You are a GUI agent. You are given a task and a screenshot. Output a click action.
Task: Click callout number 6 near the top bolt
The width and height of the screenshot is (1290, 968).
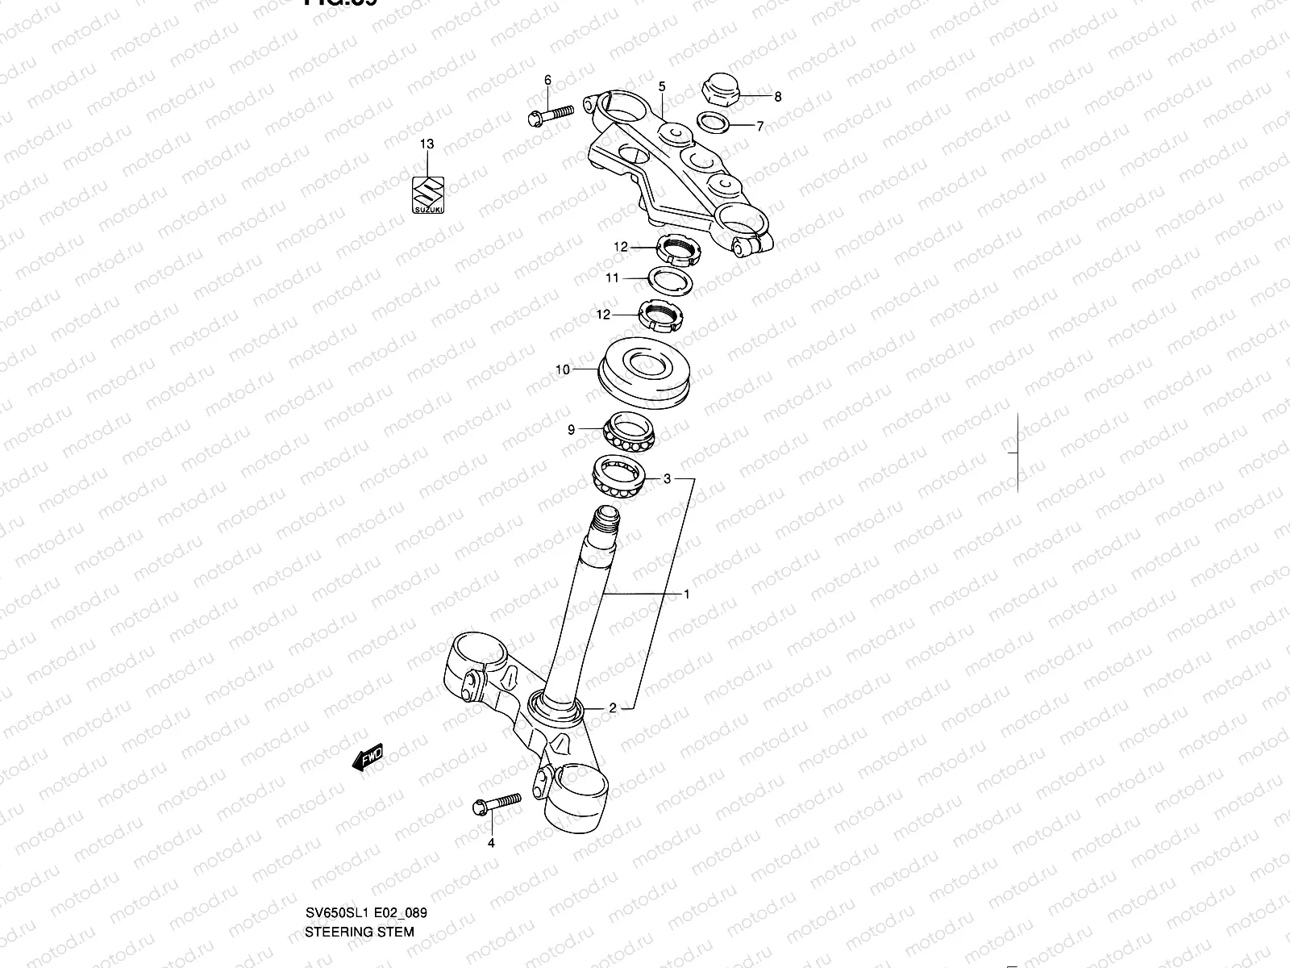(x=547, y=80)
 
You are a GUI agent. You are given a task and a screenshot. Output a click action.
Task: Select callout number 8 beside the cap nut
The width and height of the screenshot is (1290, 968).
(x=777, y=97)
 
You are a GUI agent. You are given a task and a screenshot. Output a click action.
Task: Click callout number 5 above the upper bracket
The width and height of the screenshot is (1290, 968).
(x=661, y=86)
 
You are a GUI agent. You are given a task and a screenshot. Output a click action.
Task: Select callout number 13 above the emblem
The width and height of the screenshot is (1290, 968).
(x=427, y=144)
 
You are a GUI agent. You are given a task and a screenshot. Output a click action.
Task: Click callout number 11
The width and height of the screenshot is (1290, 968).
(x=613, y=278)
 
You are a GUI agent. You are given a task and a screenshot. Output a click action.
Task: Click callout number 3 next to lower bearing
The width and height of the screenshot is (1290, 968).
(x=667, y=479)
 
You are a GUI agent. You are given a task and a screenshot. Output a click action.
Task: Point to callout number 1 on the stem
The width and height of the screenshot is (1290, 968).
(x=686, y=595)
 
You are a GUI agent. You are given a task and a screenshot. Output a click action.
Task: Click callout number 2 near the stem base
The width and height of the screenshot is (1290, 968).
(x=612, y=708)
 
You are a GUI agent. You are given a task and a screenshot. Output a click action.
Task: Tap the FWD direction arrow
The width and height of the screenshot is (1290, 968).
(x=368, y=758)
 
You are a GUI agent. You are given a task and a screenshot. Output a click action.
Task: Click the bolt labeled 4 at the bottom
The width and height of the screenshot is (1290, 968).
(x=496, y=803)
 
